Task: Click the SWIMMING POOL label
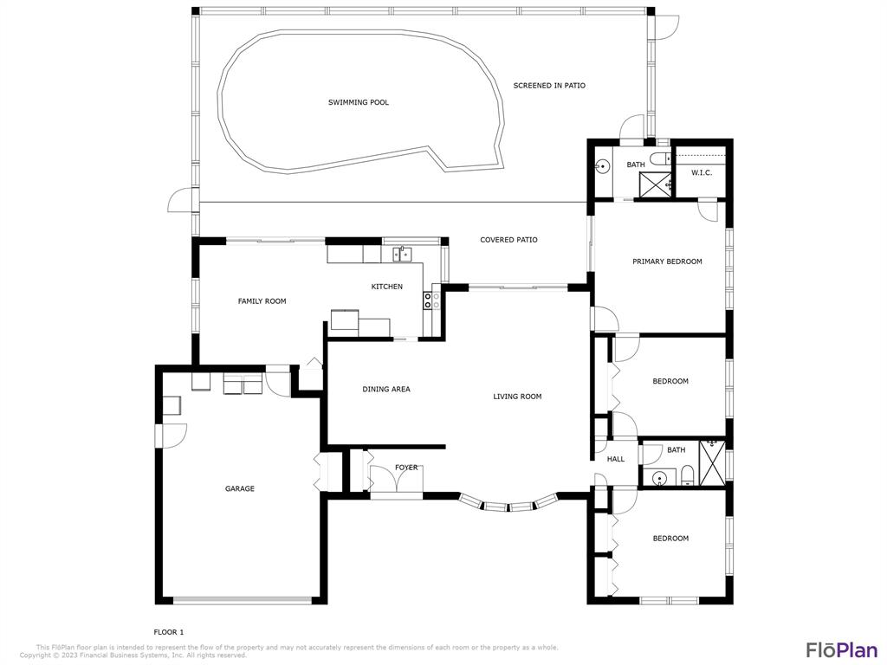[359, 102]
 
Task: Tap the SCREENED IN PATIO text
[549, 86]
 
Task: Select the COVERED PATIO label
[508, 240]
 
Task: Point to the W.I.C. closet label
[702, 172]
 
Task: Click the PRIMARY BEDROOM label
[667, 261]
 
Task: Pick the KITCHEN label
[387, 287]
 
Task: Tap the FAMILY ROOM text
[262, 301]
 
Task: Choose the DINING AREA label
[386, 389]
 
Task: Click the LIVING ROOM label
[517, 397]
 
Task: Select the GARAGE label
[240, 488]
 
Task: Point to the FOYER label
[406, 468]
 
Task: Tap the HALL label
[616, 459]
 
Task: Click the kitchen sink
[402, 255]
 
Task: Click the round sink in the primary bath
[603, 166]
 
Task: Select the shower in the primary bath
[655, 185]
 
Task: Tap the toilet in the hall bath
[686, 476]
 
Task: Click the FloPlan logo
[842, 649]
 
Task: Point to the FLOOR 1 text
[169, 632]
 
